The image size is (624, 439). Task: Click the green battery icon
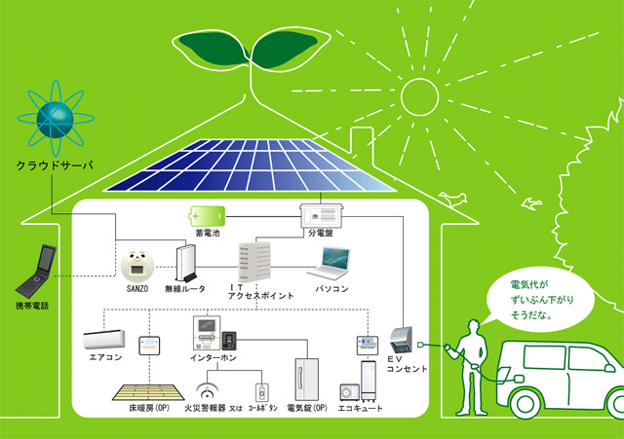pyautogui.click(x=206, y=213)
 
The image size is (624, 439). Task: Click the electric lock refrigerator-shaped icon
pyautogui.click(x=306, y=380)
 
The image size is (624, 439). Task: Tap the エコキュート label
pyautogui.click(x=359, y=410)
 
